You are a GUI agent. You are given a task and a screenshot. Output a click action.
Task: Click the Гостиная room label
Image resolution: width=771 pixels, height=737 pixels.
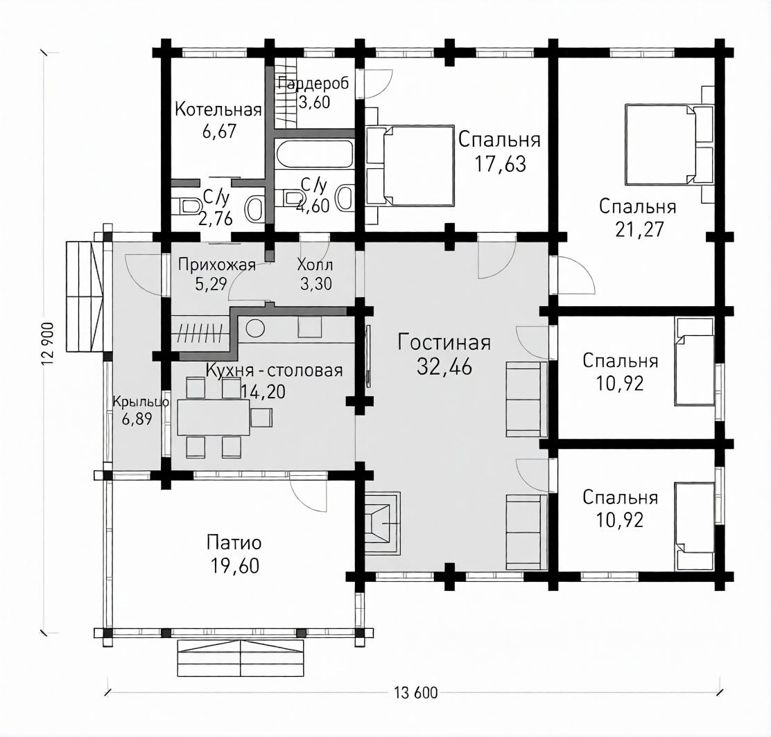click(444, 342)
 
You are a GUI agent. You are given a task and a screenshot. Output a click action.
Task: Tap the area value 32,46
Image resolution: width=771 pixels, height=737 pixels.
click(444, 366)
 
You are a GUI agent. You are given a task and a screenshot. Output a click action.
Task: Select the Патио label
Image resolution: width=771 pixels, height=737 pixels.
click(234, 543)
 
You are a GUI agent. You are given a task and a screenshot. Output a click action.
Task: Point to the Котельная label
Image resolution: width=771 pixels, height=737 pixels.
click(218, 109)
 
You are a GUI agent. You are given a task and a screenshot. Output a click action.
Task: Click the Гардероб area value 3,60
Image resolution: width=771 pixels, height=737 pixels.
click(314, 103)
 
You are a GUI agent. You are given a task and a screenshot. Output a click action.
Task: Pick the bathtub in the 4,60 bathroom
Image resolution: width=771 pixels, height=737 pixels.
click(315, 155)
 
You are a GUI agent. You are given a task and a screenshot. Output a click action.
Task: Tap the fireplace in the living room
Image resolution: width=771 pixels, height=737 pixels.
click(382, 523)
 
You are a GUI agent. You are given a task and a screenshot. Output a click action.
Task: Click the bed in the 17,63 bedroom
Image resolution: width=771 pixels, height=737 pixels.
click(410, 166)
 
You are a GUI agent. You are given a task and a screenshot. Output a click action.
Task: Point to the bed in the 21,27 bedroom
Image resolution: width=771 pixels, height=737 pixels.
click(668, 145)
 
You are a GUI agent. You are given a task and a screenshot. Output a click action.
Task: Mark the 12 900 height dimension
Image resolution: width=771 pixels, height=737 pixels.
click(49, 344)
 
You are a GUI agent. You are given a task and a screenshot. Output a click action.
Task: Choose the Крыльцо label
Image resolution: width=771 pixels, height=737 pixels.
click(141, 402)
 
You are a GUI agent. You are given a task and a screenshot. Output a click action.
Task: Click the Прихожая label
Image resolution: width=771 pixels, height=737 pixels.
click(217, 265)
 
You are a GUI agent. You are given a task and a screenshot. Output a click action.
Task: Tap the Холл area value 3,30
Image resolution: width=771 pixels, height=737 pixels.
click(315, 283)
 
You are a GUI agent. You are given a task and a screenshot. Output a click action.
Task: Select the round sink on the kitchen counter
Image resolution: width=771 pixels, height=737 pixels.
click(255, 328)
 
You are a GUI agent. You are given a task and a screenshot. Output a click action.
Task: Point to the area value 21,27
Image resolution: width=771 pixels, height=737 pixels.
click(639, 229)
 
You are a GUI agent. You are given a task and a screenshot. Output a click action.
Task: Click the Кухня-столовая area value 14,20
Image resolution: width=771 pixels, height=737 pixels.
click(263, 391)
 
